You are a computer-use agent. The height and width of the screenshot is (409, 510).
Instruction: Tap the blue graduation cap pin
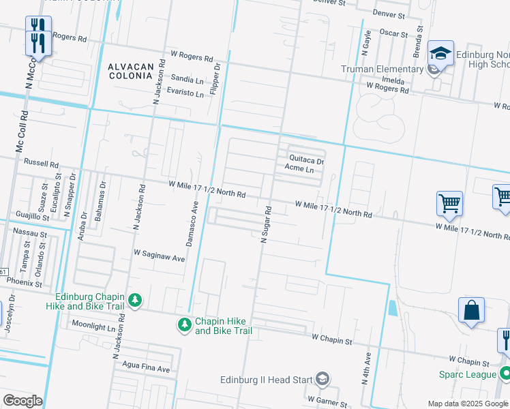click(441, 53)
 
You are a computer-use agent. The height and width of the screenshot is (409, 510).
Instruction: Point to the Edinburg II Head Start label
click(267, 380)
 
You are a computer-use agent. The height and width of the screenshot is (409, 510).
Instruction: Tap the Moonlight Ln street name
click(93, 326)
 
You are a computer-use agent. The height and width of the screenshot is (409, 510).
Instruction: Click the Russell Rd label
click(42, 164)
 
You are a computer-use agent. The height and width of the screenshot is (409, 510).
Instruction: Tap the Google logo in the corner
click(22, 401)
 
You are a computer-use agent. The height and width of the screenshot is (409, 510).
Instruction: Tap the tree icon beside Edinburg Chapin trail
click(135, 301)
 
